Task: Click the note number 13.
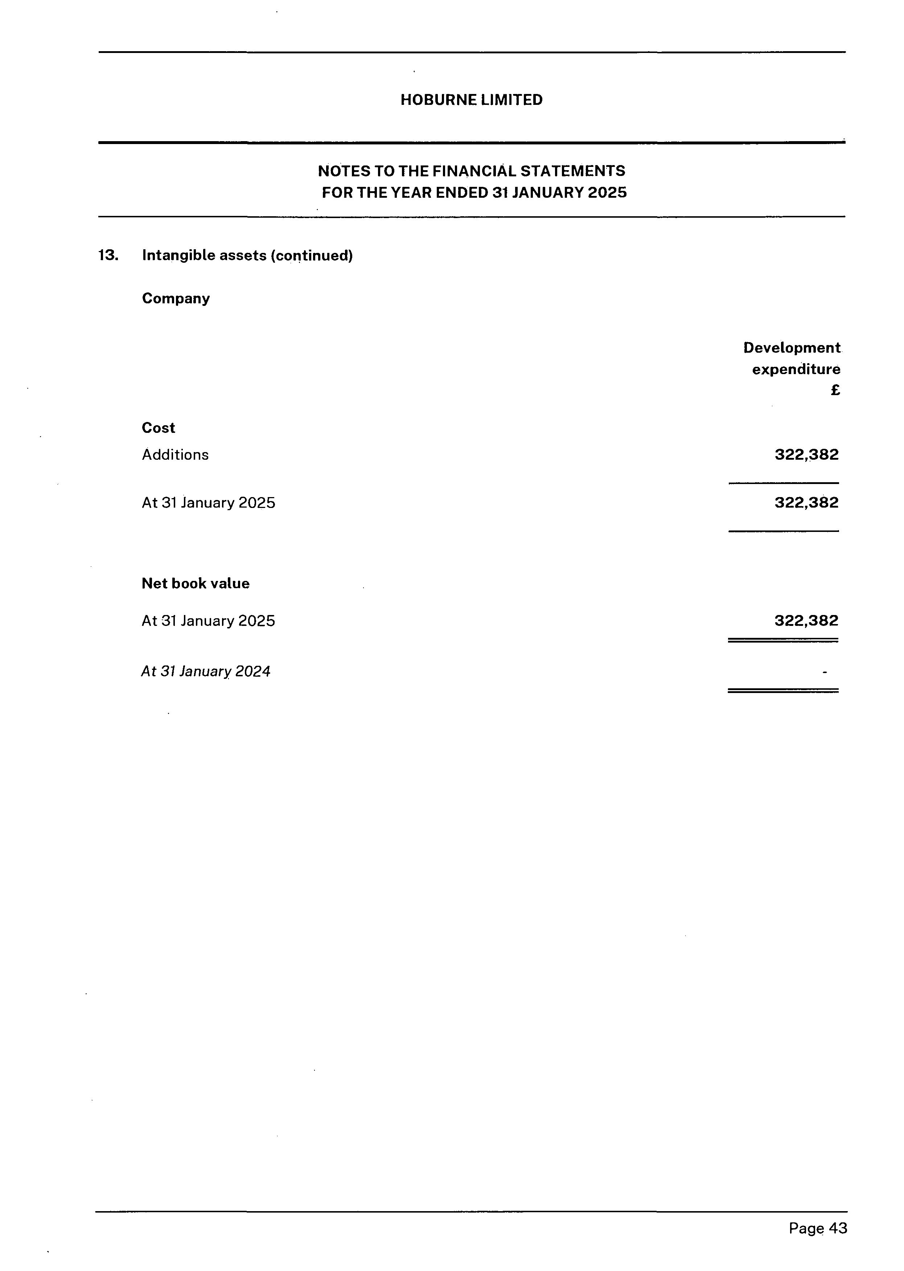pyautogui.click(x=108, y=255)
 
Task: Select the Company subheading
pyautogui.click(x=176, y=298)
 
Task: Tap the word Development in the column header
pyautogui.click(x=792, y=348)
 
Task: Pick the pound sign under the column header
pyautogui.click(x=835, y=390)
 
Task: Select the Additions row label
pyautogui.click(x=175, y=455)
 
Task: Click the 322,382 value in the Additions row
pyautogui.click(x=806, y=455)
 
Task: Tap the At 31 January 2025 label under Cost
pyautogui.click(x=208, y=503)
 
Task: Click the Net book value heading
pyautogui.click(x=196, y=583)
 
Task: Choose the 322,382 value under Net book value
pyautogui.click(x=806, y=621)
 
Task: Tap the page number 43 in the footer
pyautogui.click(x=838, y=1228)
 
